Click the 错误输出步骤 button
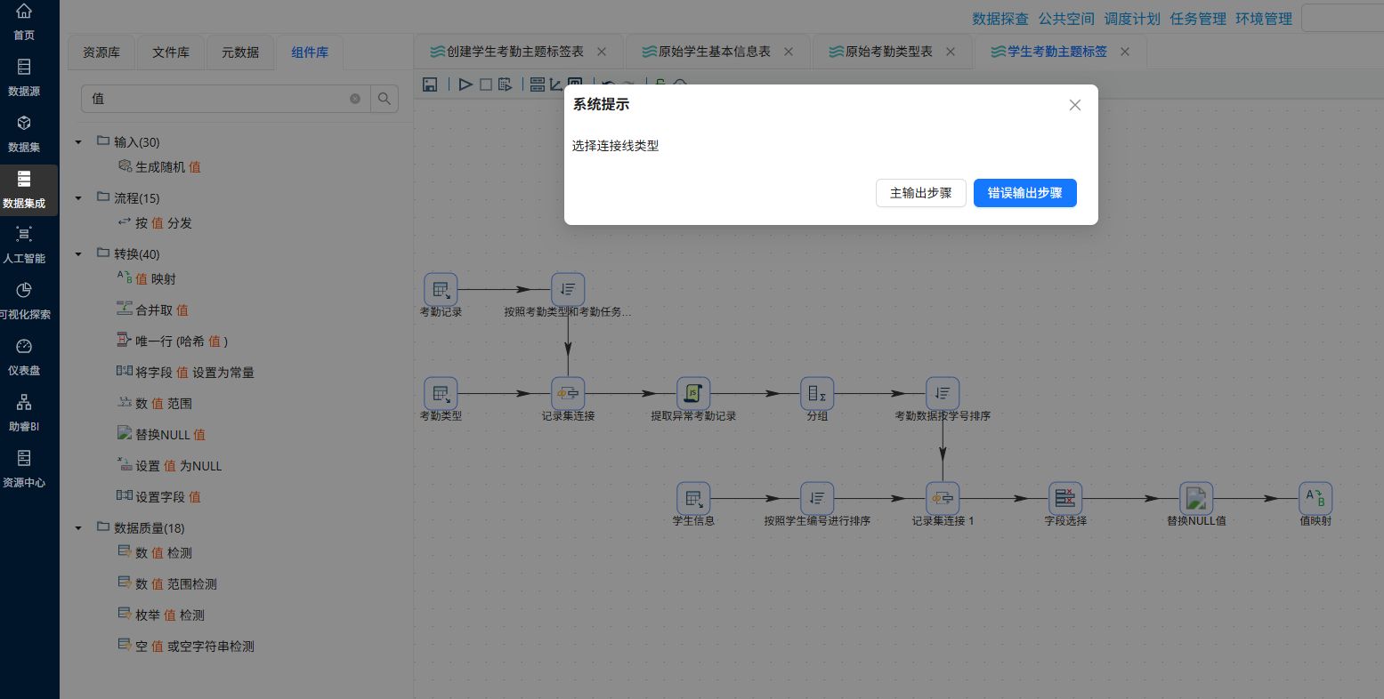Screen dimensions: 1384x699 [x=1024, y=193]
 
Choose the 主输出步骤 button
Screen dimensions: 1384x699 [x=920, y=193]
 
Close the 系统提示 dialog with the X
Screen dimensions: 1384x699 [x=1075, y=105]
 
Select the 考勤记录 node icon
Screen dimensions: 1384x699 [x=441, y=289]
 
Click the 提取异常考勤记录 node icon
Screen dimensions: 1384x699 [x=693, y=393]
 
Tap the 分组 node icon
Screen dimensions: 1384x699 [x=817, y=393]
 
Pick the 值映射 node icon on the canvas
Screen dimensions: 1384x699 [x=1315, y=498]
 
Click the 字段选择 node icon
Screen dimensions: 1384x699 [x=1065, y=498]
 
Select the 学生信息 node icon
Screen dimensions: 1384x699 [x=693, y=498]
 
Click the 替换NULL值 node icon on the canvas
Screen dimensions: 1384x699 [x=1196, y=498]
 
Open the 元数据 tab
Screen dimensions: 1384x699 [x=240, y=52]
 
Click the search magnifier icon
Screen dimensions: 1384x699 [x=384, y=99]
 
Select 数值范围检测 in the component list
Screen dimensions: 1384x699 [x=176, y=584]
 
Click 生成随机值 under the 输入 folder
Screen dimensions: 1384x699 [x=168, y=166]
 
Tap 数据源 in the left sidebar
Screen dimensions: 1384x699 [x=23, y=77]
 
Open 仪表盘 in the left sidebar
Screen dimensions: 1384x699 [x=23, y=357]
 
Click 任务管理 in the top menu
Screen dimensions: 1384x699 [x=1197, y=20]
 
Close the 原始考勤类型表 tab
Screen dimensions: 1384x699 [x=951, y=52]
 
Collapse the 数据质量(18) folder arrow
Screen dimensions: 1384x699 [x=78, y=528]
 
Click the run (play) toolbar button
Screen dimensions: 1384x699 [x=465, y=84]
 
